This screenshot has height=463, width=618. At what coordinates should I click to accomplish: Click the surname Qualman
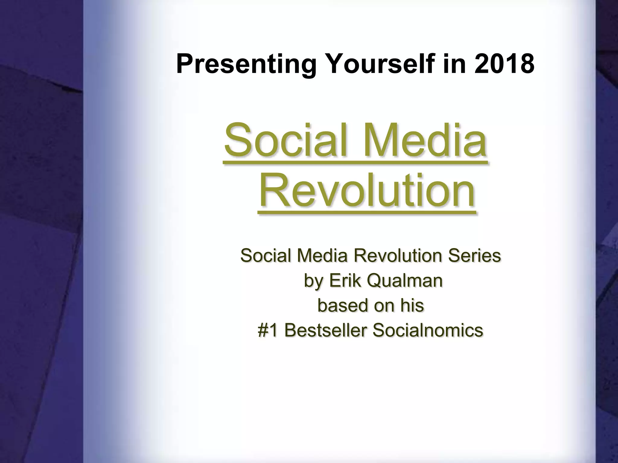[x=405, y=280]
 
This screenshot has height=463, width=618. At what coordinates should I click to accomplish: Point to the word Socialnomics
[x=428, y=330]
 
